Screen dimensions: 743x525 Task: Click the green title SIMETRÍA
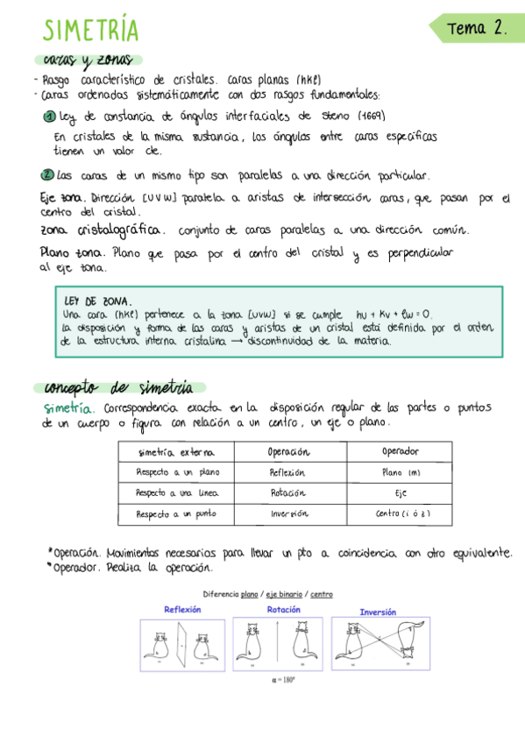click(x=91, y=31)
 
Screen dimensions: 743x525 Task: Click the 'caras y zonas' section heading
click(x=87, y=60)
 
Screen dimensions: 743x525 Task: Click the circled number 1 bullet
click(x=50, y=118)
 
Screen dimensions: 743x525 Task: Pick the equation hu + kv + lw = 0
click(x=394, y=315)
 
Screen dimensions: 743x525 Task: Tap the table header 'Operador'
click(x=401, y=452)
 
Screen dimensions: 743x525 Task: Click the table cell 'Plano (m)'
click(x=401, y=472)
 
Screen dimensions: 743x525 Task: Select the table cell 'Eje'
click(x=401, y=493)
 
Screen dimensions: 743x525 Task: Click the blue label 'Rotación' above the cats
click(x=283, y=610)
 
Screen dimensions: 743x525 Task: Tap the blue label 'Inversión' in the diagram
click(x=378, y=612)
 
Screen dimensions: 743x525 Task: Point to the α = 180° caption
click(x=281, y=677)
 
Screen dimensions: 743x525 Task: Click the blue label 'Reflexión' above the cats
click(x=182, y=610)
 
